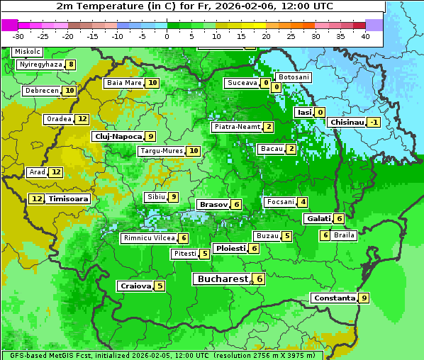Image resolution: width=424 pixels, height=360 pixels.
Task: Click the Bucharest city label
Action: (x=223, y=279)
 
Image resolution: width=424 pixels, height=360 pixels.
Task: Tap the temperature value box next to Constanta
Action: (x=364, y=298)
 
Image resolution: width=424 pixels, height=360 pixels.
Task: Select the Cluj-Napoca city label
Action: (x=117, y=136)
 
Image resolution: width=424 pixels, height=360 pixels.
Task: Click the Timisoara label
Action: (x=68, y=199)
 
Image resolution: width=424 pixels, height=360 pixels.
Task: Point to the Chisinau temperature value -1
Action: (x=374, y=122)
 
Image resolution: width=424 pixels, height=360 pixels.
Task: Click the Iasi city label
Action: (x=304, y=112)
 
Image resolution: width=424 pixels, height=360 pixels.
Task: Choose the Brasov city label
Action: (x=213, y=204)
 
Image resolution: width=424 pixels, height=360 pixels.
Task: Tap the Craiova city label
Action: (x=135, y=286)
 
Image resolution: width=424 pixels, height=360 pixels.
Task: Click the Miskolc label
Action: (x=28, y=52)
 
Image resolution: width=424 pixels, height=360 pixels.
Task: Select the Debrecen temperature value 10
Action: (x=69, y=91)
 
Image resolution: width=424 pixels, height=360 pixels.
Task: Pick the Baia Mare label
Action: (x=124, y=83)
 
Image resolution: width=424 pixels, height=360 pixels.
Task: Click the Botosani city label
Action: (x=293, y=77)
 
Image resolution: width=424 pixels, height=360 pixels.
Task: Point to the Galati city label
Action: (x=318, y=218)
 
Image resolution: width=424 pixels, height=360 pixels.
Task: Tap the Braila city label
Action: (x=344, y=235)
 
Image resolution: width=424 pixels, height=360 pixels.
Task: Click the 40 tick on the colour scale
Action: (x=365, y=36)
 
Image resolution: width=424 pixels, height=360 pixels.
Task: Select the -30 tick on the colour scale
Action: (x=18, y=36)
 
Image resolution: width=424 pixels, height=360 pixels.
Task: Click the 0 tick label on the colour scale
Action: (x=167, y=36)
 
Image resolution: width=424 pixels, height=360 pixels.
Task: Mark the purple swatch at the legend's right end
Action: (x=374, y=25)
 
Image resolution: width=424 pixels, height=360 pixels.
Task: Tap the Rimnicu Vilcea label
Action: (x=148, y=238)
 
